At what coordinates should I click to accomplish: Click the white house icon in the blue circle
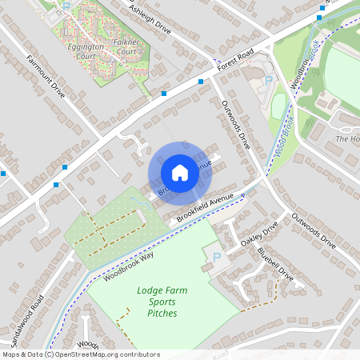tap(180, 172)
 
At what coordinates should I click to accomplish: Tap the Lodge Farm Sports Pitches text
tap(162, 302)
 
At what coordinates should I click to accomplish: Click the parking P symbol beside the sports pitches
tap(214, 258)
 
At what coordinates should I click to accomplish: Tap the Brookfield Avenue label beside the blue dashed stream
tap(204, 206)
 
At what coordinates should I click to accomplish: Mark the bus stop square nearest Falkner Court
tap(164, 94)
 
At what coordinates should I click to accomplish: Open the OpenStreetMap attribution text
tap(80, 354)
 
